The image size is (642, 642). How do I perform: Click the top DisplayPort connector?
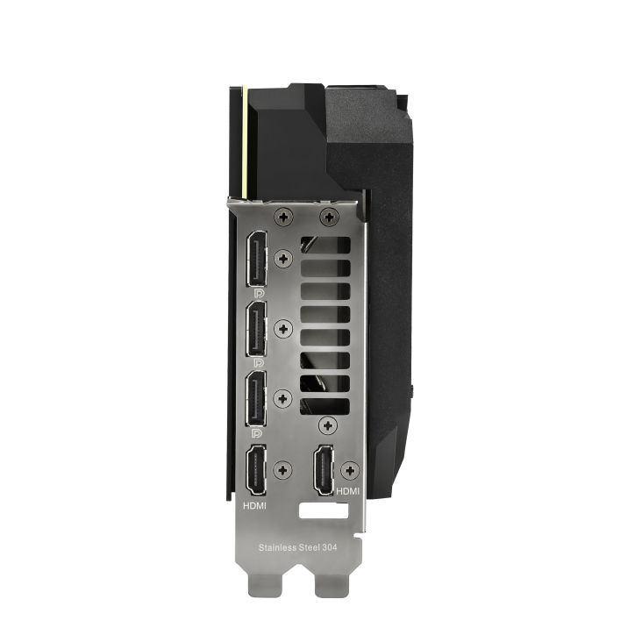(x=256, y=259)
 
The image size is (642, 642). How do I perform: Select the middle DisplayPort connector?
(x=256, y=328)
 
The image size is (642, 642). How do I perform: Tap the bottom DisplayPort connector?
(x=256, y=398)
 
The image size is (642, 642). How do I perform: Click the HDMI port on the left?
(x=255, y=470)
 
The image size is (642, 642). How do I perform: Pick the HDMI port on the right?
(x=324, y=470)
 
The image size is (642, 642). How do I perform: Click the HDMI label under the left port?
(x=254, y=506)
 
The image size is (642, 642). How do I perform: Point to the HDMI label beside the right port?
(x=347, y=491)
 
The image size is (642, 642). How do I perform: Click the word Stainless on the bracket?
(x=278, y=547)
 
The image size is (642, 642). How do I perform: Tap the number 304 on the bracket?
(x=330, y=547)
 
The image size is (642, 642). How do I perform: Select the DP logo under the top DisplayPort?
(x=259, y=294)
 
